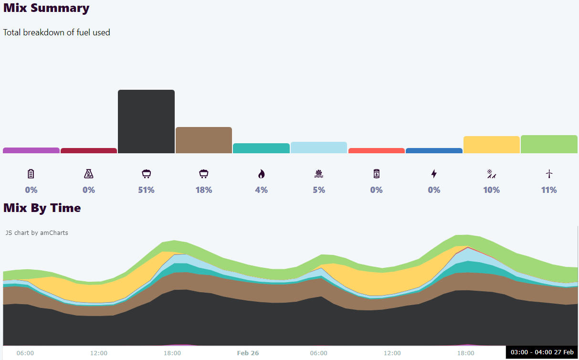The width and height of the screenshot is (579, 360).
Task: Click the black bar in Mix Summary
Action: point(146,121)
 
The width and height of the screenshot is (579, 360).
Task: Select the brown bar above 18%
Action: point(204,140)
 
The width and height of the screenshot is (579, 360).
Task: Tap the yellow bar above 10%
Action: point(491,145)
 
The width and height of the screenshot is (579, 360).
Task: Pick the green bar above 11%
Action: point(549,144)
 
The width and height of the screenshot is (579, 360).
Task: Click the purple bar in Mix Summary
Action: point(31,150)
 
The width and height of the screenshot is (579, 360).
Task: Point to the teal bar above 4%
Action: point(261,148)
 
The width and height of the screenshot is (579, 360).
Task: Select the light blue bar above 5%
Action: point(319,148)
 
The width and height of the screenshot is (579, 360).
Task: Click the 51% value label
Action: point(146,190)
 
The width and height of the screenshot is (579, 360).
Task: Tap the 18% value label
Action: point(204,190)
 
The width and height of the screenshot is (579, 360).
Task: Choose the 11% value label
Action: point(549,190)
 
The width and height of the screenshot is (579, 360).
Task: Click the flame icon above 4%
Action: point(261,174)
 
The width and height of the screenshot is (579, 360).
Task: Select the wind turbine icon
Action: point(549,174)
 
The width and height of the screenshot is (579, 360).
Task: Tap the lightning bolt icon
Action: point(434,174)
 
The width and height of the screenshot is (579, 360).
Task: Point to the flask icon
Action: point(89,174)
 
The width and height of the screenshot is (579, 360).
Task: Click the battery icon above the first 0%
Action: point(31,174)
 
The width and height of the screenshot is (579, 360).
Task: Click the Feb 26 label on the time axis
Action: point(248,353)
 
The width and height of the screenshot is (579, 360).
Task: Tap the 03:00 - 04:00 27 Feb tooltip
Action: point(542,352)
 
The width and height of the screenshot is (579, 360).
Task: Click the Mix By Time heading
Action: point(42,208)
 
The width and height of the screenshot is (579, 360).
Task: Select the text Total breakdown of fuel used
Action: point(57,32)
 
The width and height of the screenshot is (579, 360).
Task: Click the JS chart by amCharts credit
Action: point(37,233)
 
